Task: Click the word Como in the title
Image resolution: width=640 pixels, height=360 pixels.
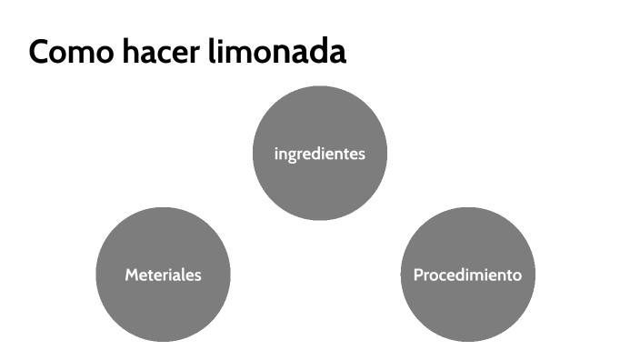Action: tap(65, 52)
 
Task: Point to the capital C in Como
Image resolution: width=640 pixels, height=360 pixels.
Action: tap(40, 52)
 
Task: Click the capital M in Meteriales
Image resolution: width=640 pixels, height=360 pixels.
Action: tap(131, 275)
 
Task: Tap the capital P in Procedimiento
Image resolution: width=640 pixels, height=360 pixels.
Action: tap(418, 275)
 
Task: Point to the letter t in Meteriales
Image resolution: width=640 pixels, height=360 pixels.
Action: tap(151, 275)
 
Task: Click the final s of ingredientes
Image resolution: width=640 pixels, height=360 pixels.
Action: tap(361, 154)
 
